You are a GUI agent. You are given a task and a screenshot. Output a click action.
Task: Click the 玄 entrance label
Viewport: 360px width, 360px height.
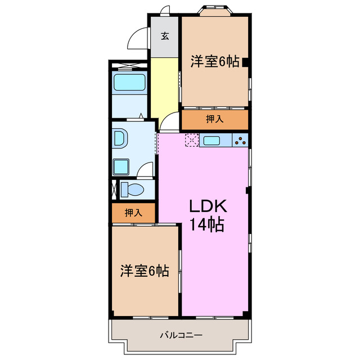click(165, 36)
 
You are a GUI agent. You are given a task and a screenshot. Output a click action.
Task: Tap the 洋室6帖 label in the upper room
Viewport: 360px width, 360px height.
click(214, 62)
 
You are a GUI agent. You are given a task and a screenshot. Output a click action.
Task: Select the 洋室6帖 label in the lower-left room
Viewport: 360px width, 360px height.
click(144, 271)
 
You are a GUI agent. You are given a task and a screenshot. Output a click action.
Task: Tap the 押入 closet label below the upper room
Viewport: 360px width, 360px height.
click(214, 119)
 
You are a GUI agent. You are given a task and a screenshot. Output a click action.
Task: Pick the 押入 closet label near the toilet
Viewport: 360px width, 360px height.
click(133, 213)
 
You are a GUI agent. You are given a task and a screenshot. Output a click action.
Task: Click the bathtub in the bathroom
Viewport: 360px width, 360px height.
click(130, 83)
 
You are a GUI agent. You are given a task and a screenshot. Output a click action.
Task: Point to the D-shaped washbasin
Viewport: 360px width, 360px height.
click(119, 138)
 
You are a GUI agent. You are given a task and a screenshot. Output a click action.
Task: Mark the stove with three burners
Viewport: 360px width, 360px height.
click(240, 141)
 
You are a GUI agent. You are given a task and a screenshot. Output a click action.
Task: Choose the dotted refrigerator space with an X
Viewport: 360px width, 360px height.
click(191, 141)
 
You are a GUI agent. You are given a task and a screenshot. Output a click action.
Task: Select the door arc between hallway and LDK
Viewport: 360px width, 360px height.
click(168, 124)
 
